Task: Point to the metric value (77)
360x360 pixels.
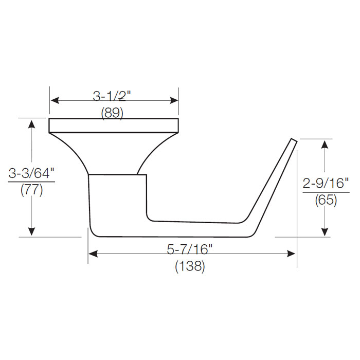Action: point(31,190)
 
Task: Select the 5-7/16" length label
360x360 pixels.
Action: point(190,249)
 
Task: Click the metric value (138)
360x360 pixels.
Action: point(190,266)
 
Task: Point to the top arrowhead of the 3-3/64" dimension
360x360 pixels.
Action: point(32,123)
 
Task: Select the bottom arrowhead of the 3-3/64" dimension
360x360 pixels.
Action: point(32,232)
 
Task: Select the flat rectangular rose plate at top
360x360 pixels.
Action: point(114,125)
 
